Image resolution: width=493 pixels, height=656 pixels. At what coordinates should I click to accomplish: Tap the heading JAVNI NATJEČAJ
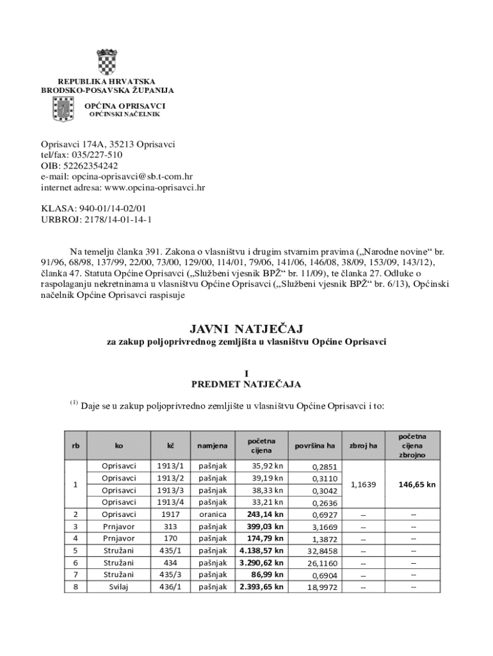(x=246, y=329)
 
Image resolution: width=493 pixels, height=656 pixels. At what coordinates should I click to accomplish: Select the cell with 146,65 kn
(x=417, y=484)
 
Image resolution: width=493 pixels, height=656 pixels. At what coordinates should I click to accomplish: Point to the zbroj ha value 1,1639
(x=363, y=484)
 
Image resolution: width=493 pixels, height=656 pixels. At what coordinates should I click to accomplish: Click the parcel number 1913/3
(x=170, y=489)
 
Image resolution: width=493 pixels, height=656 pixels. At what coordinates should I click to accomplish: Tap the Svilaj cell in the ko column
(x=119, y=586)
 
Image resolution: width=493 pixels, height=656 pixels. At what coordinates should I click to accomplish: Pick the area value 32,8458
(x=322, y=550)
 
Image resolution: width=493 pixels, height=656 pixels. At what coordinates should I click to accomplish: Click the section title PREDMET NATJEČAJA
(x=246, y=384)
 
